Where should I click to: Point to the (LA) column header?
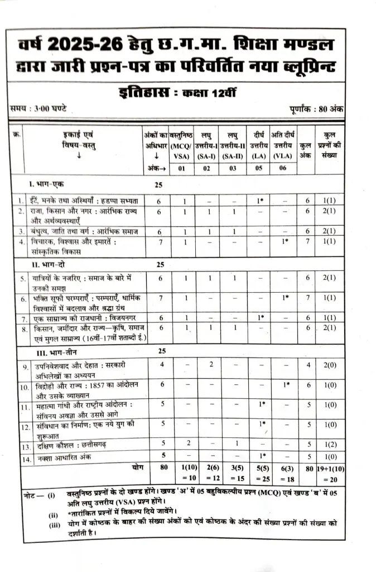pyautogui.click(x=258, y=156)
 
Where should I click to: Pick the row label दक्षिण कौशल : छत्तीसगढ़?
pyautogui.click(x=73, y=446)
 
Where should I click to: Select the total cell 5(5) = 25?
pyautogui.click(x=258, y=473)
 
